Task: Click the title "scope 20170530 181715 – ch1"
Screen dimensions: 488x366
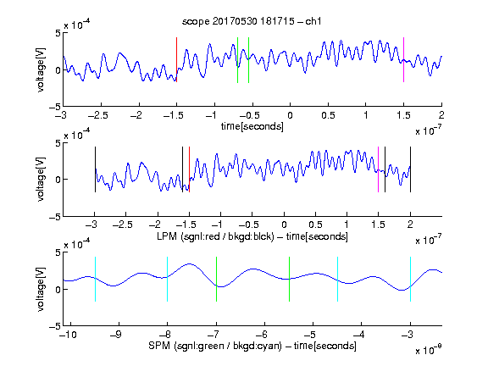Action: click(x=252, y=21)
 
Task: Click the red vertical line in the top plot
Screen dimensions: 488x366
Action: click(x=177, y=60)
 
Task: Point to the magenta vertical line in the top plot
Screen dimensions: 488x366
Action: click(x=403, y=60)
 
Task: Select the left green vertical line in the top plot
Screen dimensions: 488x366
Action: click(x=237, y=60)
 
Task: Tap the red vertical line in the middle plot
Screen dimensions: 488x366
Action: click(x=189, y=169)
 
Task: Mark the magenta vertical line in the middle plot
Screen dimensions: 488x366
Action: click(x=378, y=169)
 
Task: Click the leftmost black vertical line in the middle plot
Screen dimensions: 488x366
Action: click(x=95, y=169)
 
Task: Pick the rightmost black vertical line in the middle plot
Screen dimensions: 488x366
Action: click(x=410, y=169)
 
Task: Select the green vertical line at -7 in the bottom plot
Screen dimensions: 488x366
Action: click(x=216, y=280)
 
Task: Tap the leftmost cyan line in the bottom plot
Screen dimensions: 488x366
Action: click(x=95, y=280)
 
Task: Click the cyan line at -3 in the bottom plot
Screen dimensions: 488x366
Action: click(x=410, y=280)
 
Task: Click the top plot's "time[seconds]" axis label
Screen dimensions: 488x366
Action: click(x=252, y=127)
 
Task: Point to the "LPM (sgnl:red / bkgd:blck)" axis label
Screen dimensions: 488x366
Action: click(x=215, y=236)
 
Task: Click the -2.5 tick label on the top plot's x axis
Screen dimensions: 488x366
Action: click(x=98, y=115)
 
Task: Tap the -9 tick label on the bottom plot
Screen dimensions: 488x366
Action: click(x=116, y=335)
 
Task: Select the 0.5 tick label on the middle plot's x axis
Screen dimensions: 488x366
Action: click(x=315, y=225)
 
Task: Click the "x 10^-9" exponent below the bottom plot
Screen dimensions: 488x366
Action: click(x=429, y=350)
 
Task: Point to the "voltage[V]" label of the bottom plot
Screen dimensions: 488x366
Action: click(x=41, y=289)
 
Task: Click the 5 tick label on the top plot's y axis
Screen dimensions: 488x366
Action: click(x=58, y=33)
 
